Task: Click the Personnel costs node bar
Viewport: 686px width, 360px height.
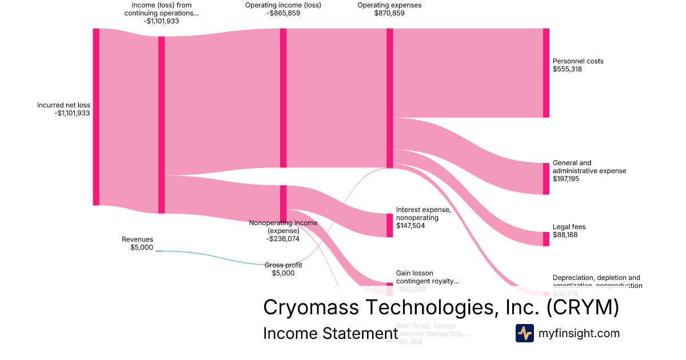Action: pos(546,73)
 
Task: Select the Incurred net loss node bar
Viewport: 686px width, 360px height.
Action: pos(96,117)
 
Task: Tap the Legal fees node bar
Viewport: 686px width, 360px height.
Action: pos(546,239)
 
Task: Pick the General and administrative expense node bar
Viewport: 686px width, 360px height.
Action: pos(546,178)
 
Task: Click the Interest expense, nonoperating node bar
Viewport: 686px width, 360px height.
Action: pos(390,225)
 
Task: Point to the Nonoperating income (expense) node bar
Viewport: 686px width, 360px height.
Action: pos(283,202)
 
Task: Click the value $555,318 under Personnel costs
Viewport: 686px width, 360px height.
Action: pos(567,69)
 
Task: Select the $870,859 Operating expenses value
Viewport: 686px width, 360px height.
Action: pos(381,13)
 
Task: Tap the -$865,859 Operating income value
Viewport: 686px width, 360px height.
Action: pos(283,13)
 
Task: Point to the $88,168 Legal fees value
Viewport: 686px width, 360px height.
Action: pos(565,235)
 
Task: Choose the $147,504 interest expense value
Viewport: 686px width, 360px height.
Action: pos(410,226)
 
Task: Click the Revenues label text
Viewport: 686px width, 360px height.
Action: pos(137,239)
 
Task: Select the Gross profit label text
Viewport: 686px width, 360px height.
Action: pos(283,265)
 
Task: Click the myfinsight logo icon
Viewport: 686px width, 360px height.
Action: pos(524,333)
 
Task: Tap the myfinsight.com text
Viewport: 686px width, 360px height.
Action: pos(579,333)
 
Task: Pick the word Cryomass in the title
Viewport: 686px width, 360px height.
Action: pos(311,307)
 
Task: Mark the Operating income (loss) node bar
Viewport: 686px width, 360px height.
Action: pos(283,98)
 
